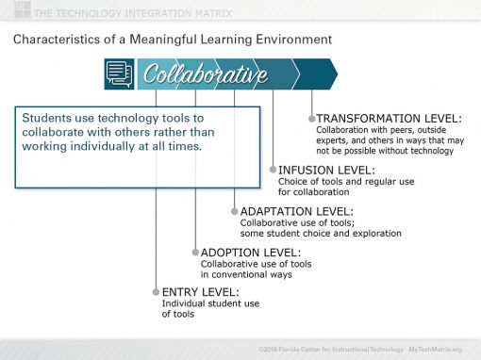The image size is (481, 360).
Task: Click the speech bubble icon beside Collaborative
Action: [120, 74]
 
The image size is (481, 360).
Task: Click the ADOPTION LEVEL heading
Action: [251, 253]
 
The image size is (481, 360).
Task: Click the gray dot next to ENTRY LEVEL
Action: [156, 292]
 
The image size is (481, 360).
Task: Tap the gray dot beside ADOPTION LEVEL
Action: [195, 253]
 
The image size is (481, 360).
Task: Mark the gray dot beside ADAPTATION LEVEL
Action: [234, 211]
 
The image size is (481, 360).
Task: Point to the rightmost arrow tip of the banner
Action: [335, 74]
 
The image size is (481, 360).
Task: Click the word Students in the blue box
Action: [47, 119]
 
